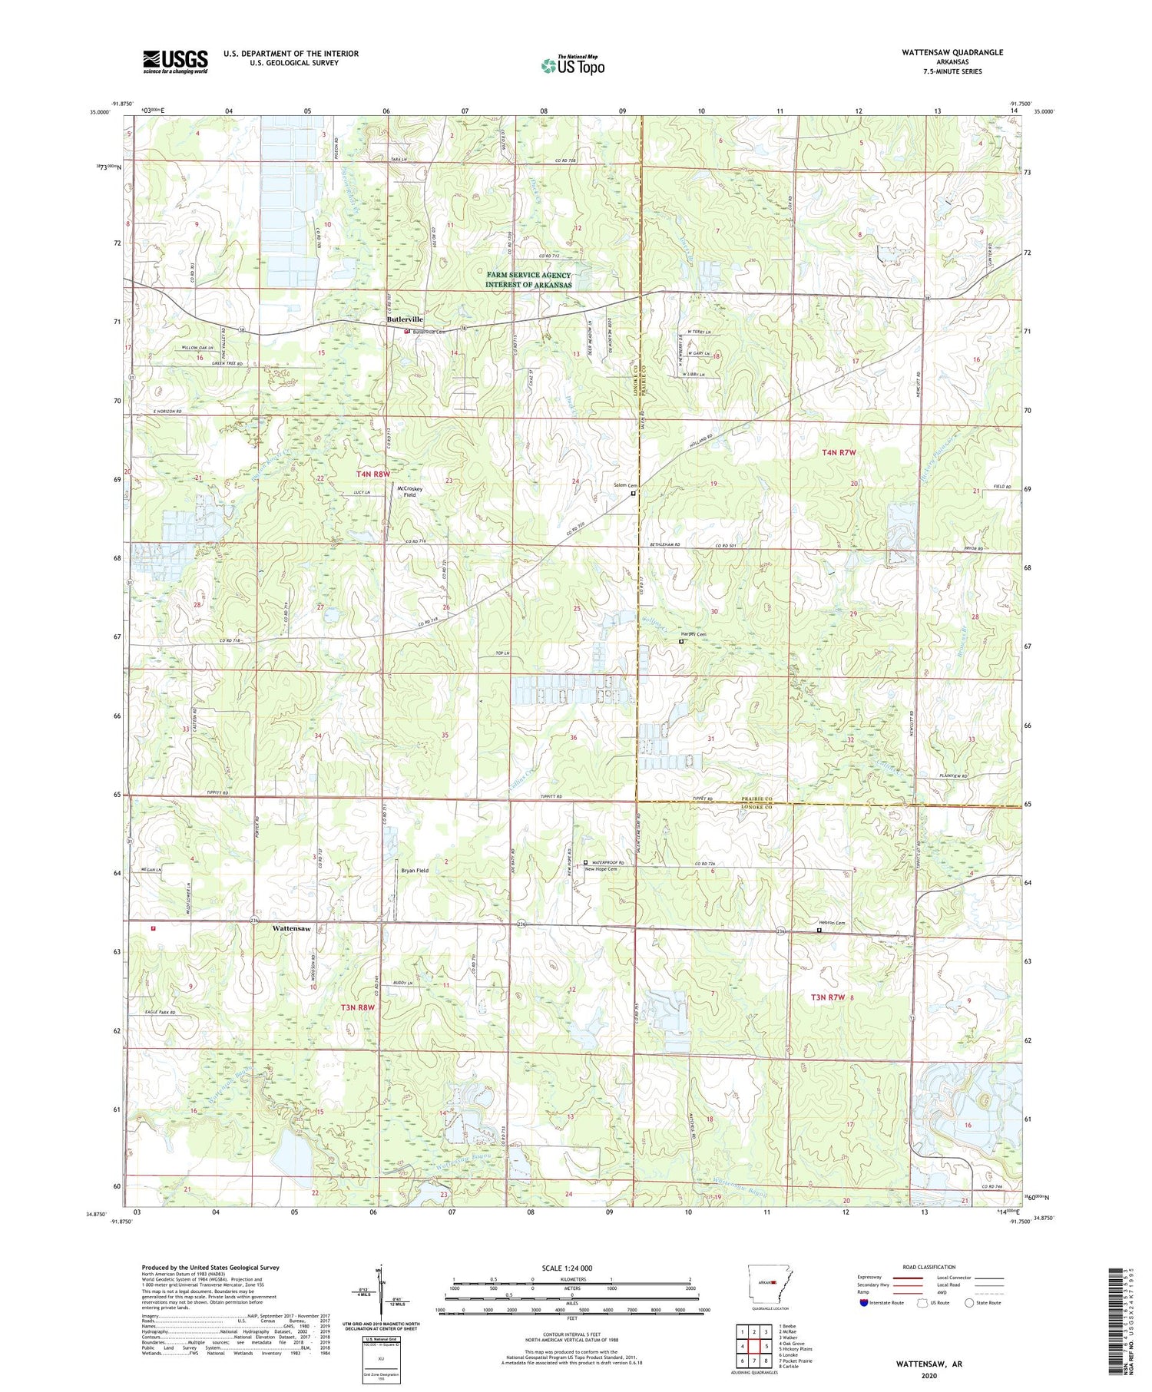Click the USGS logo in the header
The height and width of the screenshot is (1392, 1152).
tap(175, 61)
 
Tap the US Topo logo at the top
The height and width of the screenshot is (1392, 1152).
tap(573, 65)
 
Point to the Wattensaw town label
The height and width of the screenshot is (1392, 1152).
tap(292, 928)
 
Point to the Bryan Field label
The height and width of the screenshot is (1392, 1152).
tap(415, 871)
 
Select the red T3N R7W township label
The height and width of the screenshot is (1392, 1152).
tap(828, 997)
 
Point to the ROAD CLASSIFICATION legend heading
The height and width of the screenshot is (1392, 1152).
tap(929, 1267)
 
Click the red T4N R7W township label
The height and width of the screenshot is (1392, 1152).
tap(839, 453)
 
